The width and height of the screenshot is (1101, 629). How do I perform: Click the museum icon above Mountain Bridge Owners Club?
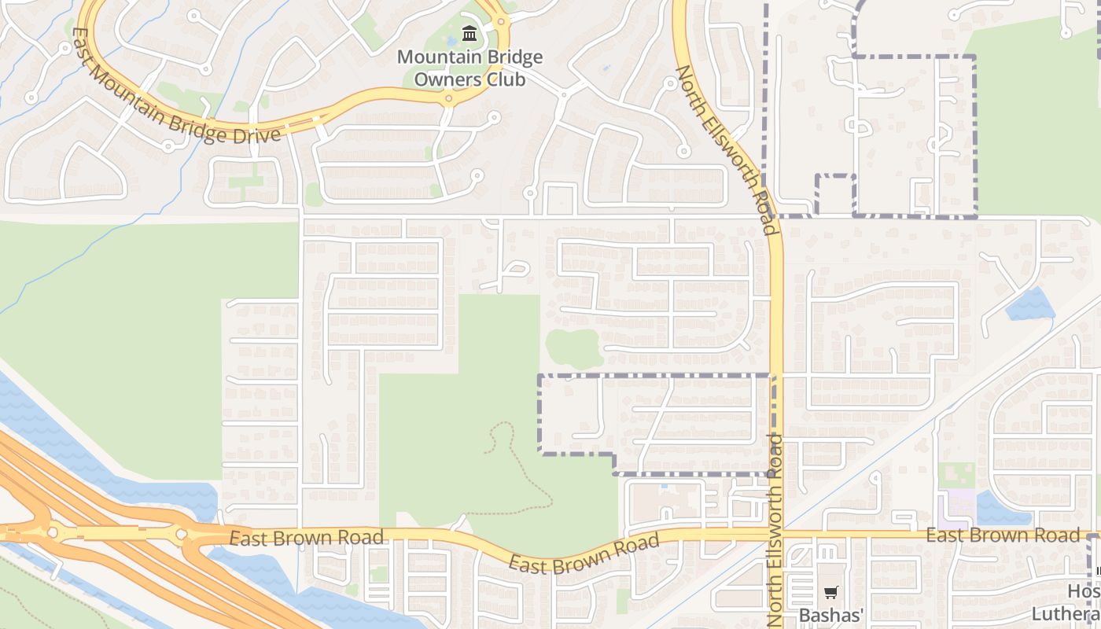click(470, 33)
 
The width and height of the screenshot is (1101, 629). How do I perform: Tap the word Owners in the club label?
click(469, 79)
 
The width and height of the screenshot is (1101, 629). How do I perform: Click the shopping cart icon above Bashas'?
click(831, 593)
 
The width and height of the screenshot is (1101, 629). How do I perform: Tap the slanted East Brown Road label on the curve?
click(583, 554)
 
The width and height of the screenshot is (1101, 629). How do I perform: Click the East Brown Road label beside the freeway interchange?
click(307, 538)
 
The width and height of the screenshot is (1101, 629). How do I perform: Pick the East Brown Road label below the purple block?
click(1003, 535)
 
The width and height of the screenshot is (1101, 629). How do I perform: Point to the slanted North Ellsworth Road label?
click(727, 149)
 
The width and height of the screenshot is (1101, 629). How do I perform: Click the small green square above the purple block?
click(956, 475)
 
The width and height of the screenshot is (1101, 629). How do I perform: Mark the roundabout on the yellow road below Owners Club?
click(448, 99)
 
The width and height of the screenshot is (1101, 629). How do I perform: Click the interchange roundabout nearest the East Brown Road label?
click(182, 535)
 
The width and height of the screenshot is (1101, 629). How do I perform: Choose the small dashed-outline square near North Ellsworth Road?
click(835, 194)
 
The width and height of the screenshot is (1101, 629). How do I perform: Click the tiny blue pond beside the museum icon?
click(451, 40)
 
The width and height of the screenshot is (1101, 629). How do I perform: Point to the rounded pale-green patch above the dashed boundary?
click(573, 348)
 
